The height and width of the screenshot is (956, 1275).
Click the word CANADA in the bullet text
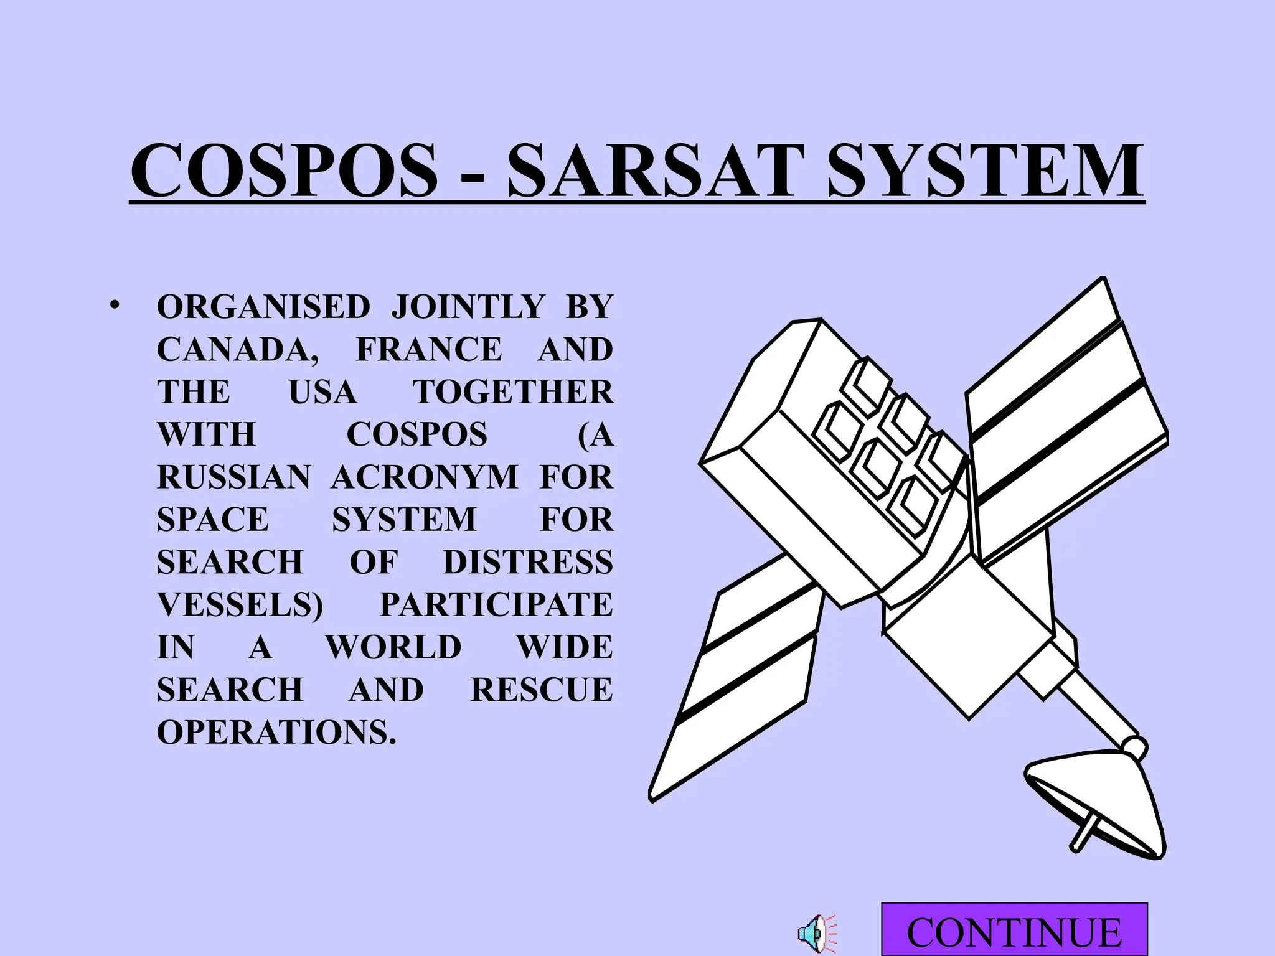[237, 350]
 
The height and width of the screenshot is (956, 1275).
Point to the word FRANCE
[429, 349]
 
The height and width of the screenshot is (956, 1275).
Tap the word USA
[322, 392]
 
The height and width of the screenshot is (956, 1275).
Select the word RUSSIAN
[233, 477]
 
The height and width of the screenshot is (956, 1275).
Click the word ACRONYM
[425, 477]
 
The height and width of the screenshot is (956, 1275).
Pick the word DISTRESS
[527, 562]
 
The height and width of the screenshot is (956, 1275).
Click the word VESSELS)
[240, 604]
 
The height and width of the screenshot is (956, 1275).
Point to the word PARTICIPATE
[496, 604]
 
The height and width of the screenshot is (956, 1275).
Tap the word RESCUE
[541, 690]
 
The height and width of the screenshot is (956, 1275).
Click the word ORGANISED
[263, 307]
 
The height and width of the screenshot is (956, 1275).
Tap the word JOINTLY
[468, 307]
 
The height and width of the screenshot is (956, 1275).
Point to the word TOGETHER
[513, 392]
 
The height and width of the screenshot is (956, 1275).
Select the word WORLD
[393, 647]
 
